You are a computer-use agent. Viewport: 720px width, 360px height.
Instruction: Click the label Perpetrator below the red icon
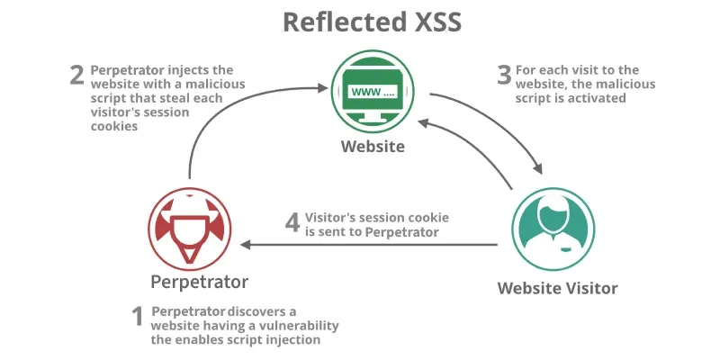click(x=199, y=282)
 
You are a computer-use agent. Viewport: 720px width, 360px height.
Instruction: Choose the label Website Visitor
click(x=558, y=288)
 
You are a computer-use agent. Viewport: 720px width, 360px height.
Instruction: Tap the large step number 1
click(x=138, y=318)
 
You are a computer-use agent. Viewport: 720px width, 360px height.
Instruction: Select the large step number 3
click(x=504, y=75)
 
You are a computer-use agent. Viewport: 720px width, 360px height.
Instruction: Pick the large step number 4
click(x=292, y=221)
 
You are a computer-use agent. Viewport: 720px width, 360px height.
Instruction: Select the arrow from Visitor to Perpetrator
click(x=369, y=244)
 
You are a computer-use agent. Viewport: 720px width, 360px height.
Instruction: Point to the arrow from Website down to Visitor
click(x=504, y=126)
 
